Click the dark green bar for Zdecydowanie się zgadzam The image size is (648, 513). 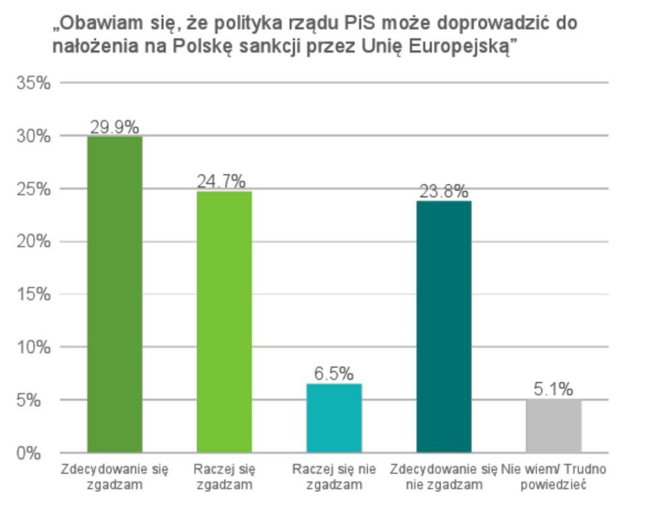click(115, 294)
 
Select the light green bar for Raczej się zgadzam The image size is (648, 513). click(224, 321)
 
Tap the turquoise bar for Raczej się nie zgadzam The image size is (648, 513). click(334, 418)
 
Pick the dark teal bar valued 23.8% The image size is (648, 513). click(443, 326)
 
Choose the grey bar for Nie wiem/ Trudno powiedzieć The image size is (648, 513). click(553, 426)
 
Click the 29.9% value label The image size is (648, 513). click(115, 127)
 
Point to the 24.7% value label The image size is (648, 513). click(221, 182)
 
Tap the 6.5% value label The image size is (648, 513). click(333, 373)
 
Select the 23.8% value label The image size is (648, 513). click(443, 192)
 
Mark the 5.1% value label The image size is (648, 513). click(553, 389)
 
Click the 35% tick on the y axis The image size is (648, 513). click(34, 83)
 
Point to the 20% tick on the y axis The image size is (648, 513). click(34, 242)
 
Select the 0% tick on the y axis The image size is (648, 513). click(30, 453)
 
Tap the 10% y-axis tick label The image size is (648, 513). click(34, 348)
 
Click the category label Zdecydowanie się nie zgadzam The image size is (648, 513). click(443, 477)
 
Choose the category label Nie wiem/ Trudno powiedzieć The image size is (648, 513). click(553, 477)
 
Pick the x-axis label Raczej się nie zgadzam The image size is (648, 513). click(333, 477)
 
